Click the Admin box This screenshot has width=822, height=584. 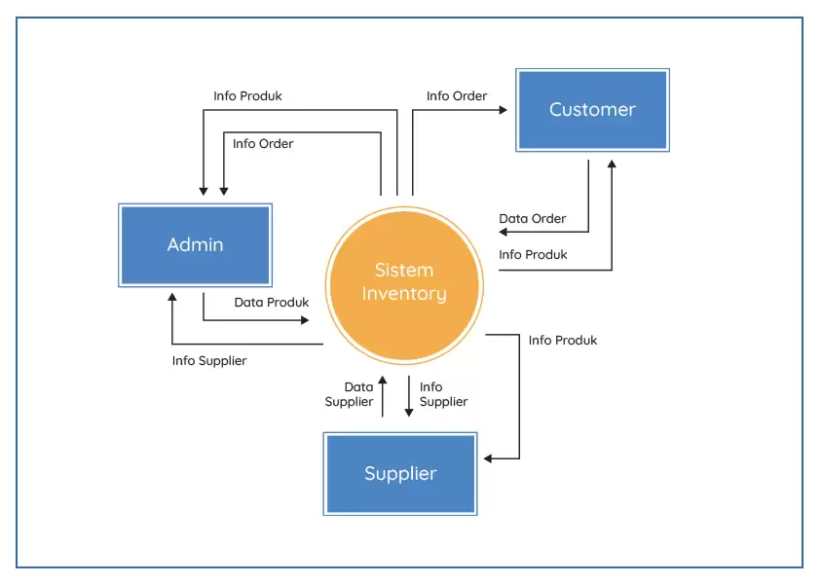click(x=195, y=245)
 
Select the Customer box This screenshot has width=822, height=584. click(x=592, y=110)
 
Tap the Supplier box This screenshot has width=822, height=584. click(x=400, y=474)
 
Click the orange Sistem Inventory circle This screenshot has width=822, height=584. click(x=404, y=282)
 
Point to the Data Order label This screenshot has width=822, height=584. click(x=532, y=219)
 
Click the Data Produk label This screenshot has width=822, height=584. click(x=271, y=303)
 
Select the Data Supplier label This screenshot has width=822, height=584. click(x=349, y=394)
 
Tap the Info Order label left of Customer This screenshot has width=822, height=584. click(x=457, y=96)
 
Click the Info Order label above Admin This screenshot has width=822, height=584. click(x=263, y=144)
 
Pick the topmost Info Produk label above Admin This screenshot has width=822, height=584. click(x=247, y=96)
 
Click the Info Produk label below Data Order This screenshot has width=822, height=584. click(x=533, y=255)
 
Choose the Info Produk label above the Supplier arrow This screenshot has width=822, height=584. click(x=563, y=341)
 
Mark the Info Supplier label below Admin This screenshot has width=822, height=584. click(x=209, y=361)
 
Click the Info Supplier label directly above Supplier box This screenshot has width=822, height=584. click(x=443, y=394)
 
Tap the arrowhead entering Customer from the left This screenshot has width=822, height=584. click(x=503, y=110)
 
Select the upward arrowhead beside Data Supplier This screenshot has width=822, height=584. click(x=383, y=381)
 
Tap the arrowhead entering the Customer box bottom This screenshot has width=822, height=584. click(x=612, y=164)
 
